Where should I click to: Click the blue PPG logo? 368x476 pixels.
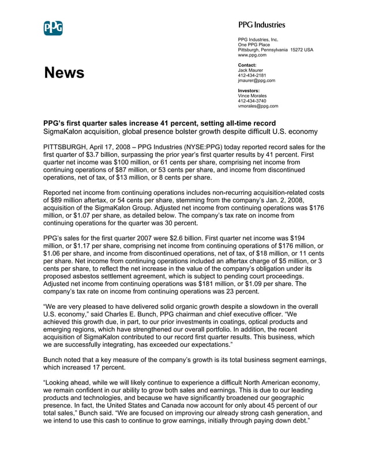click(53, 28)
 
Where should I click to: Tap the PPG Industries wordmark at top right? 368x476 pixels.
click(261, 25)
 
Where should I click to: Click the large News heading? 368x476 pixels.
click(64, 73)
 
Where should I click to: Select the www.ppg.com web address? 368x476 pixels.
click(252, 55)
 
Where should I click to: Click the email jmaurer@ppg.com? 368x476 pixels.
click(256, 81)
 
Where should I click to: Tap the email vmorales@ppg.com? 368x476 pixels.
click(258, 106)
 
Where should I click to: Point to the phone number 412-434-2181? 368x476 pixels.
click(252, 75)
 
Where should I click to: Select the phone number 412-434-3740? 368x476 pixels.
click(252, 101)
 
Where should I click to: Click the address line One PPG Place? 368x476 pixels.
click(254, 45)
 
